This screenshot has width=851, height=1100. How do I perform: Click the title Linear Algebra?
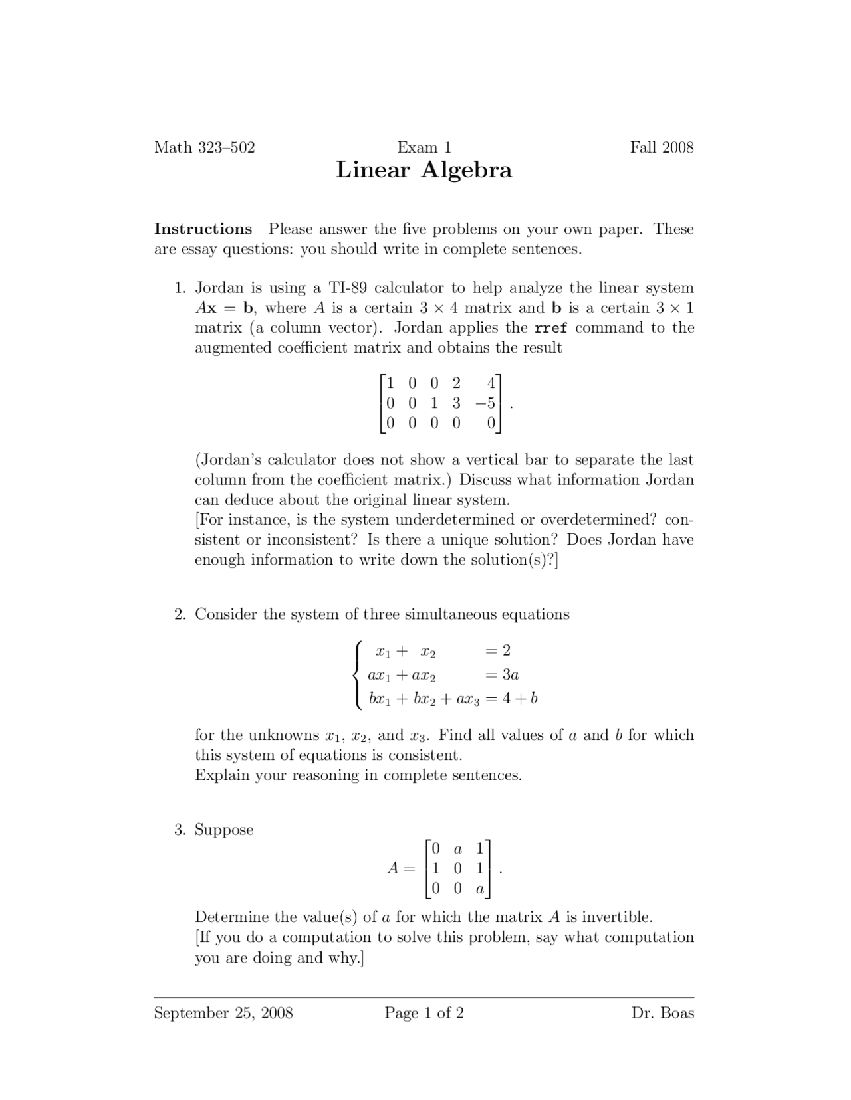click(x=424, y=170)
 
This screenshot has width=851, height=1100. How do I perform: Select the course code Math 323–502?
click(x=204, y=147)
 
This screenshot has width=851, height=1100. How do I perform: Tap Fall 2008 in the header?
click(x=662, y=147)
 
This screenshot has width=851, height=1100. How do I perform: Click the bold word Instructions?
click(x=203, y=229)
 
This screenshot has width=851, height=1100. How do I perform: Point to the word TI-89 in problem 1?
click(x=348, y=288)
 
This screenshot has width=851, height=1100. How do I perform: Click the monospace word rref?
click(x=550, y=328)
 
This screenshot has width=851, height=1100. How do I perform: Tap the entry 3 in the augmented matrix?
click(x=456, y=403)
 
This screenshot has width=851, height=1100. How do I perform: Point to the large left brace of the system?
click(x=358, y=675)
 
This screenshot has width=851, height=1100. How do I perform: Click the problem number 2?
click(x=180, y=614)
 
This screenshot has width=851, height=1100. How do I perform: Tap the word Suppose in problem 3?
click(x=224, y=830)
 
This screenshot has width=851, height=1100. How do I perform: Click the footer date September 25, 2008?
click(x=223, y=1013)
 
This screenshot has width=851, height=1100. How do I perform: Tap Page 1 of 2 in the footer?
click(x=424, y=1013)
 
